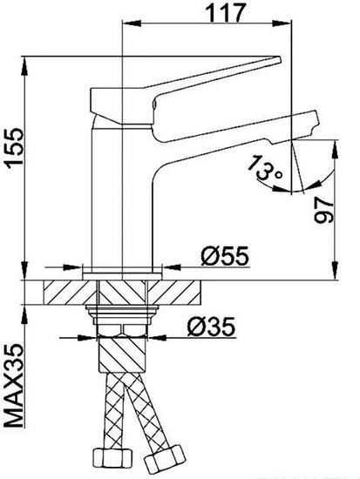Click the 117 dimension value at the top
click(226, 12)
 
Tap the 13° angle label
click(265, 168)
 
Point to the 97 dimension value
click(323, 210)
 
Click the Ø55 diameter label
click(225, 256)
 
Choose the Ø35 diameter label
click(211, 327)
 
